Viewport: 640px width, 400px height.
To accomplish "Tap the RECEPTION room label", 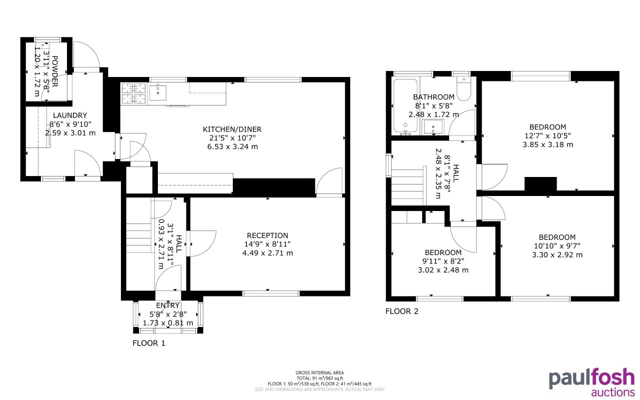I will [267, 235].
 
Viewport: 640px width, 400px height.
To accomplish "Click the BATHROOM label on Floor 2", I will [433, 97].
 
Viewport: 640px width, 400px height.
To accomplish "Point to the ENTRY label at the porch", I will [167, 305].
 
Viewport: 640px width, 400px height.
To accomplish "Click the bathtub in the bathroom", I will [406, 106].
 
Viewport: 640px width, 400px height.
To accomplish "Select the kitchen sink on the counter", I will [157, 92].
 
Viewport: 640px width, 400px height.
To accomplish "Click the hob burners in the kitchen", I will [133, 93].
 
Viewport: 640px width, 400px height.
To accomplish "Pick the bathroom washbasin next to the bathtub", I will [433, 127].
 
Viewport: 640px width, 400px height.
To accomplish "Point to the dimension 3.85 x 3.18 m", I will [548, 144].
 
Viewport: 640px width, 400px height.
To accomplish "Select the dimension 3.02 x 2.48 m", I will [443, 270].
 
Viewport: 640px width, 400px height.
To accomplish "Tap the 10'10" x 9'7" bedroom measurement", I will [557, 246].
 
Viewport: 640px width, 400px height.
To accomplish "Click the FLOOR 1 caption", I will [148, 343].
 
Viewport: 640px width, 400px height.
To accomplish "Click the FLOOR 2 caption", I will [402, 311].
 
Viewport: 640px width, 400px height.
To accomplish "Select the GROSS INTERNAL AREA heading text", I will [320, 372].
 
